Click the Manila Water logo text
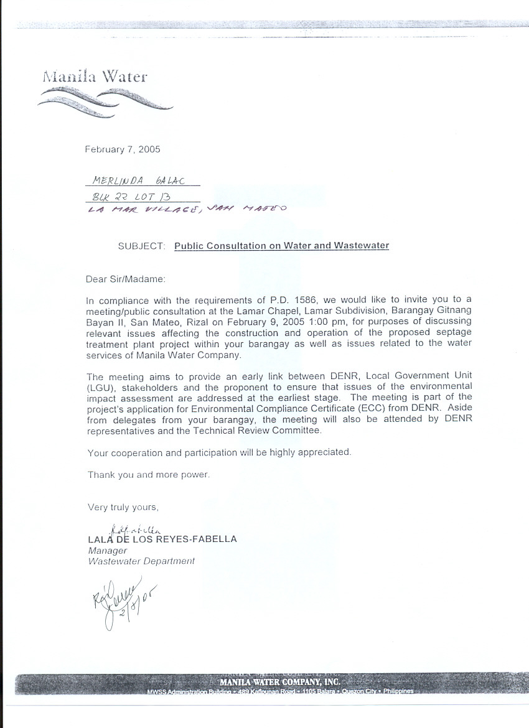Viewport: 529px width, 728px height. coord(95,77)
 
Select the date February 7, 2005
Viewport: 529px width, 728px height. coord(123,149)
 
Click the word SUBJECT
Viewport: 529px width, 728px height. coord(141,246)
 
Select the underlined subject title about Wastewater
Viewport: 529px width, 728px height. coord(281,246)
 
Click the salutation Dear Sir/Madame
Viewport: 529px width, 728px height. coord(126,280)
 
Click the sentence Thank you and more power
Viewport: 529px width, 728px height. coord(149,475)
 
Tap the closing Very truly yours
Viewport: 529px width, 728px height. coord(123,507)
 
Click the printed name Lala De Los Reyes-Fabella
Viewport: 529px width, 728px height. coord(162,539)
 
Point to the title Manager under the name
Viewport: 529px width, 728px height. coord(108,551)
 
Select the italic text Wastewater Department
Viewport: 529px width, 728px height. coord(141,561)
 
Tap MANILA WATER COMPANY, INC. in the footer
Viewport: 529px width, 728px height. coord(279,681)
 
